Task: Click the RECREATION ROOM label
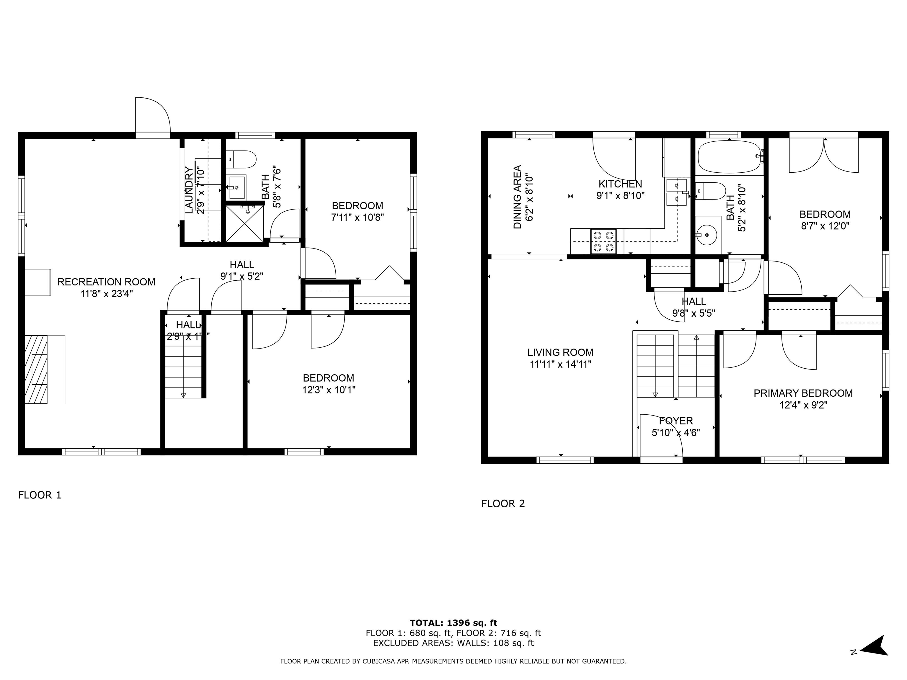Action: point(106,282)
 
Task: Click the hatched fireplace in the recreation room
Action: point(36,369)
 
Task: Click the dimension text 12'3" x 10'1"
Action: point(328,389)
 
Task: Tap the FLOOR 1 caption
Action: point(39,495)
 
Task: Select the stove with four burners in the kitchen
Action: point(603,241)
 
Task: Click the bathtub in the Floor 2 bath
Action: point(730,157)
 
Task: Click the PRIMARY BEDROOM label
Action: point(803,393)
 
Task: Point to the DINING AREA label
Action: point(518,197)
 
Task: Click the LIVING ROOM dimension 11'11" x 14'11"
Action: point(560,364)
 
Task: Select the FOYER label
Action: point(676,421)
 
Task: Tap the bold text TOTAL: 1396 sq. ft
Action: point(453,623)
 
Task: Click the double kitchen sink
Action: point(676,192)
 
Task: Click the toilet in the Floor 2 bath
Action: point(712,191)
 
